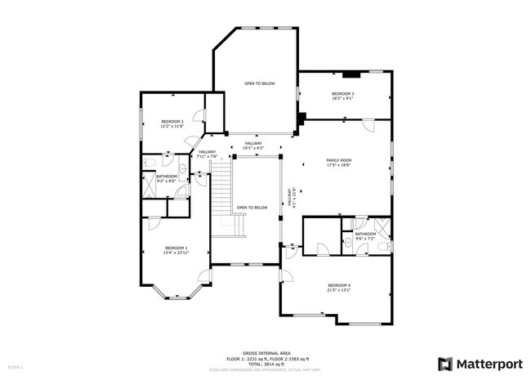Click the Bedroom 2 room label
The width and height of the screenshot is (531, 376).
172,121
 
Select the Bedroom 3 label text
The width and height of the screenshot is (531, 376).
342,94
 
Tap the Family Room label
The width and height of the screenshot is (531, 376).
339,161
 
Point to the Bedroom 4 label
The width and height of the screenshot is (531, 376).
339,285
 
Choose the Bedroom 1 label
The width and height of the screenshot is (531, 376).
176,248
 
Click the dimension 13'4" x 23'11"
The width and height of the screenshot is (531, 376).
176,253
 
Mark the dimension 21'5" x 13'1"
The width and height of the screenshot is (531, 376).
339,290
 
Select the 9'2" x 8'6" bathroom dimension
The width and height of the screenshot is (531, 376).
167,181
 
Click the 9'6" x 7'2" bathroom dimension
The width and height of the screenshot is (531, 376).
365,239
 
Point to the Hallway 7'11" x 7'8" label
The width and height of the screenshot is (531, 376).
207,154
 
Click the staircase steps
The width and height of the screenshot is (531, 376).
221,196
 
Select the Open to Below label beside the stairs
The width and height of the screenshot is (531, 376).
252,208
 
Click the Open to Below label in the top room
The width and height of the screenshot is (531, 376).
259,83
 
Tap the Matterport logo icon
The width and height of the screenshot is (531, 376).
446,362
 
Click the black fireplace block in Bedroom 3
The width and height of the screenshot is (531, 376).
352,74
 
